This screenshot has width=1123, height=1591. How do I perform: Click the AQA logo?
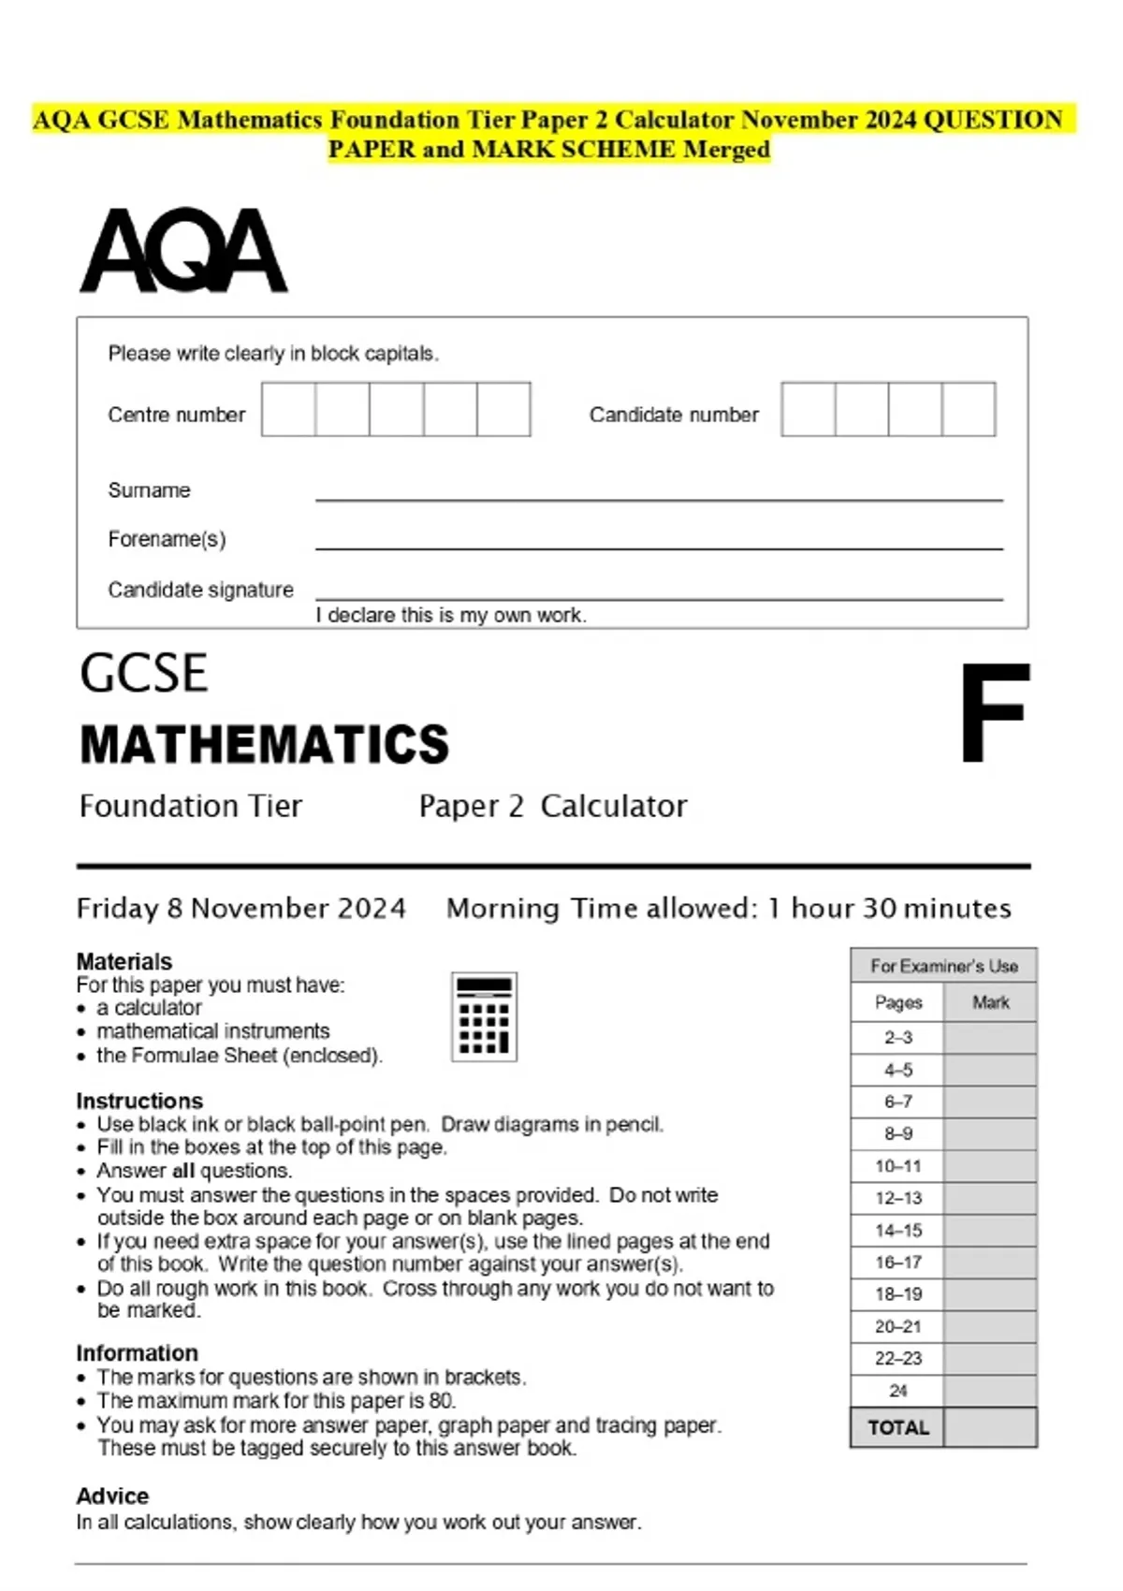click(x=183, y=251)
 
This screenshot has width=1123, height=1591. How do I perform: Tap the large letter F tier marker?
click(x=994, y=713)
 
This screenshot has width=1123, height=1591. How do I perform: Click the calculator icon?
click(x=484, y=1016)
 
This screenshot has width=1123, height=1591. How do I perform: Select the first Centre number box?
click(x=288, y=409)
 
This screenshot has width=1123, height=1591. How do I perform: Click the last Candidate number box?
click(x=969, y=409)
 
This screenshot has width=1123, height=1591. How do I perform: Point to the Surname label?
click(x=149, y=490)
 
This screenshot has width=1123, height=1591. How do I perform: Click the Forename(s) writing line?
click(x=658, y=547)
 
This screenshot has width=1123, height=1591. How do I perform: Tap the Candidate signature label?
click(x=200, y=590)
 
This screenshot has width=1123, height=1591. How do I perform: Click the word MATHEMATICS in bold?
click(x=264, y=745)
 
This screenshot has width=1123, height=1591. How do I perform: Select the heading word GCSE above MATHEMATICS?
click(x=143, y=674)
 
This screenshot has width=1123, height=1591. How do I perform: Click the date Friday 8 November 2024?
click(x=241, y=909)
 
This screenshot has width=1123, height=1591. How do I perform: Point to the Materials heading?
click(x=124, y=961)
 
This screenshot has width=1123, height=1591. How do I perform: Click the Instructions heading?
click(x=139, y=1101)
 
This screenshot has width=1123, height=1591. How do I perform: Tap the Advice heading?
click(x=112, y=1496)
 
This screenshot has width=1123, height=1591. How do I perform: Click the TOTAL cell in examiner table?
click(x=897, y=1428)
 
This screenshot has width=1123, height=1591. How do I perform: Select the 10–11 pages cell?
click(x=897, y=1166)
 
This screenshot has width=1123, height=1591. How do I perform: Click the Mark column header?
click(x=990, y=1002)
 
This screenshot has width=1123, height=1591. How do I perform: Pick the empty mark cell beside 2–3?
click(x=990, y=1038)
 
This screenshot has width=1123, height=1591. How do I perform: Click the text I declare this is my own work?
click(x=451, y=615)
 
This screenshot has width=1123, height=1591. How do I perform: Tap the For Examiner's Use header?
click(x=943, y=966)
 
